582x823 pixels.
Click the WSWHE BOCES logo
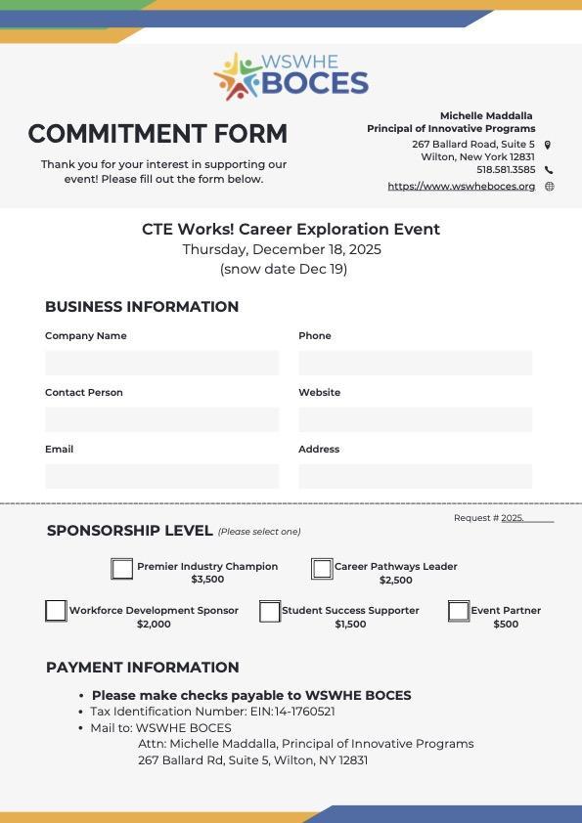coord(291,76)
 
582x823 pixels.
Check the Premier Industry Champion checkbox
coord(121,569)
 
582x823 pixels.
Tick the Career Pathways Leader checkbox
coord(322,569)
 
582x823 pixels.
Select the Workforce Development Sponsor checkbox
coord(56,611)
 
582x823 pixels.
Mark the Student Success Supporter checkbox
coord(270,612)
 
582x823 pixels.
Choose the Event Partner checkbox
coord(459,611)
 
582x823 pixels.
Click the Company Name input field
coord(161,363)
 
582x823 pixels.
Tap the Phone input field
coord(415,363)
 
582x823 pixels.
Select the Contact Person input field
coord(161,419)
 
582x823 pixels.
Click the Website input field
coord(415,419)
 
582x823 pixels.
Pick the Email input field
coord(161,476)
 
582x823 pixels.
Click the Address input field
coord(415,476)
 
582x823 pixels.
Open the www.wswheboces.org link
coord(462,187)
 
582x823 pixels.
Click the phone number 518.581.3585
coord(506,170)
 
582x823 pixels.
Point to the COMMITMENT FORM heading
coord(157,134)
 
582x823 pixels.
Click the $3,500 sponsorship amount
coord(207,580)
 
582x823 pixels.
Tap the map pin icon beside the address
coord(548,145)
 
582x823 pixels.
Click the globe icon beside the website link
coord(549,187)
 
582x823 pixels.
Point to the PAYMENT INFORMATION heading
coord(143,668)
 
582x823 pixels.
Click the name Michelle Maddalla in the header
coord(486,115)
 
